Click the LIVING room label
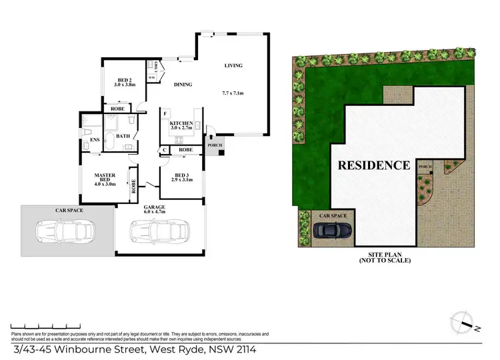click(233, 66)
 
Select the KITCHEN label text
click(181, 124)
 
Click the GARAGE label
click(154, 208)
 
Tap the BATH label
click(123, 137)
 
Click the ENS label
click(86, 140)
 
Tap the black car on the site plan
click(333, 230)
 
